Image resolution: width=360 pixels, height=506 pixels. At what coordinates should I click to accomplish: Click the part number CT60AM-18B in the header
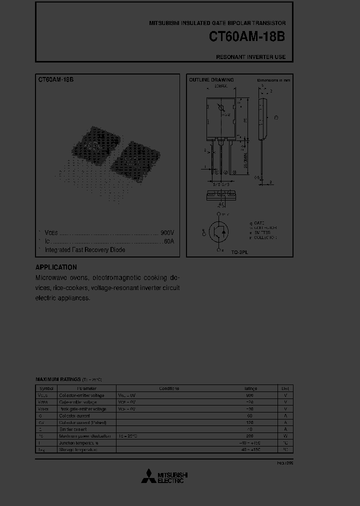[247, 37]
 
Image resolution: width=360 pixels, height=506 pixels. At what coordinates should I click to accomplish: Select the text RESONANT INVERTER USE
[250, 57]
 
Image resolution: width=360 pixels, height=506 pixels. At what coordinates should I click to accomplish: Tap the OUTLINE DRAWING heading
[211, 80]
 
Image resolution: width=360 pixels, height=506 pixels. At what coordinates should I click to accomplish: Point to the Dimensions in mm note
[273, 80]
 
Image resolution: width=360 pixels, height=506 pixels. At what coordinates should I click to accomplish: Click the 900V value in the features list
[167, 233]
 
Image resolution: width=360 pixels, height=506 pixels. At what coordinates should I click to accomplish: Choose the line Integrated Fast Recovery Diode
[85, 249]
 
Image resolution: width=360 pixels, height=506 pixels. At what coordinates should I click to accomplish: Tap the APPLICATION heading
[56, 267]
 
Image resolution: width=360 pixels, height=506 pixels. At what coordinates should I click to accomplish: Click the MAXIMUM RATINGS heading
[56, 380]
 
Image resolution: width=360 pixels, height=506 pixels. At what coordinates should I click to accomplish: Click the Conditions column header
[169, 388]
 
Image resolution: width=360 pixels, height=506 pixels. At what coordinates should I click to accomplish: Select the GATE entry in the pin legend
[258, 222]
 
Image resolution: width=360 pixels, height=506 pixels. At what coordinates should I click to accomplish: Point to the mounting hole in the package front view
[220, 108]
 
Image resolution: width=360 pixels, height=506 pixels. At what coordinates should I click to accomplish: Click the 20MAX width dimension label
[220, 86]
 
